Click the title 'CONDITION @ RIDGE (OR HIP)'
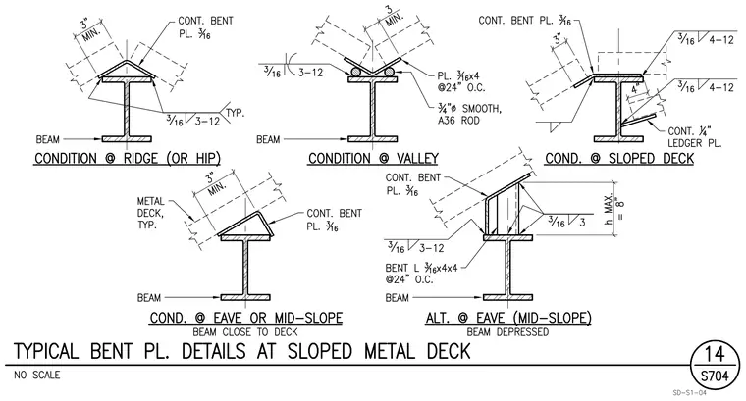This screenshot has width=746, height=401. (x=128, y=158)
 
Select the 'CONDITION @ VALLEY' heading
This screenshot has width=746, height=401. (x=373, y=158)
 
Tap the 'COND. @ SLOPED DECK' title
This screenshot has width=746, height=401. (x=619, y=158)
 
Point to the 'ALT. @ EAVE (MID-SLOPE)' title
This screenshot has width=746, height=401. (x=508, y=318)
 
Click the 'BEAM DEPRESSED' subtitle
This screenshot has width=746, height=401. (x=507, y=332)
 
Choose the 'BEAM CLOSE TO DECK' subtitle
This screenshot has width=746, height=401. (x=245, y=332)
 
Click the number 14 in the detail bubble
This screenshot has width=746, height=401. (x=715, y=355)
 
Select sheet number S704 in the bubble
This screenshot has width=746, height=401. (x=715, y=376)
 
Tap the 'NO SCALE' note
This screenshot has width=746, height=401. (x=37, y=376)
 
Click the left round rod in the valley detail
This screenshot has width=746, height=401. (x=356, y=72)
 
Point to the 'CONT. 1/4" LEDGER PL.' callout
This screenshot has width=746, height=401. (x=695, y=137)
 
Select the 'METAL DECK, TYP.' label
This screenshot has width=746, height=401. (x=151, y=213)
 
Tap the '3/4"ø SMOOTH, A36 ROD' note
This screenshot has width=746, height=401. (x=469, y=114)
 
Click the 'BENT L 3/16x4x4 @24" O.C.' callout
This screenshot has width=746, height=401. (x=421, y=274)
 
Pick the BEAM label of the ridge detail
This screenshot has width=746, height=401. (x=47, y=139)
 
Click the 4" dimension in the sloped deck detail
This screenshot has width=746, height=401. (x=635, y=89)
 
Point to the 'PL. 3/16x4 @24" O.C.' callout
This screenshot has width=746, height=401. (x=461, y=81)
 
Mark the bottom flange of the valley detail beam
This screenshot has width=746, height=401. (x=373, y=139)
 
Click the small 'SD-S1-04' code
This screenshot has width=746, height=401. (x=689, y=392)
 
